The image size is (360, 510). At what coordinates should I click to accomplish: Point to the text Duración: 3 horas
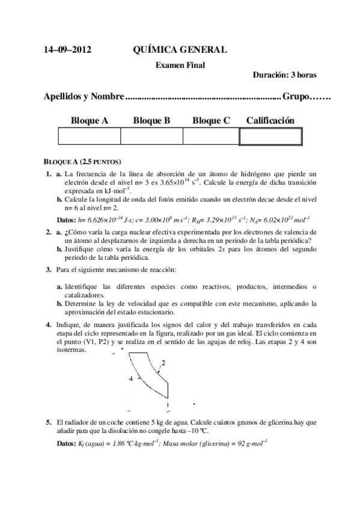pyautogui.click(x=285, y=75)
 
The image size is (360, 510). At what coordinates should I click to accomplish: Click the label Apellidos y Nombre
pyautogui.click(x=84, y=96)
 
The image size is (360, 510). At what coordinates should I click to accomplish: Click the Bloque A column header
pyautogui.click(x=89, y=121)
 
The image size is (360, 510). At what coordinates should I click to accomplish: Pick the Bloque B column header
pyautogui.click(x=151, y=121)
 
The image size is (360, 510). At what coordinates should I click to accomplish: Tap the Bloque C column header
pyautogui.click(x=211, y=121)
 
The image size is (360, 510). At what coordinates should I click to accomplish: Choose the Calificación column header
pyautogui.click(x=270, y=121)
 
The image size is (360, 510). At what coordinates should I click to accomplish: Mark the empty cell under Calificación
pyautogui.click(x=270, y=137)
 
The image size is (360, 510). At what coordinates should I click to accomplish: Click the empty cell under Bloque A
pyautogui.click(x=89, y=137)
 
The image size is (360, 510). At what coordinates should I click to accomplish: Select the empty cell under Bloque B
pyautogui.click(x=151, y=137)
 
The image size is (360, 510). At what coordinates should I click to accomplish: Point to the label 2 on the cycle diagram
pyautogui.click(x=163, y=363)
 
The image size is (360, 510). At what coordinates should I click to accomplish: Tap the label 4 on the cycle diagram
pyautogui.click(x=130, y=379)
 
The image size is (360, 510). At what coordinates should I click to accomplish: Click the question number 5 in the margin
pyautogui.click(x=49, y=423)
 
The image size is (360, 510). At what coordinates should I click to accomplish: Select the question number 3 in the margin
pyautogui.click(x=49, y=268)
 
